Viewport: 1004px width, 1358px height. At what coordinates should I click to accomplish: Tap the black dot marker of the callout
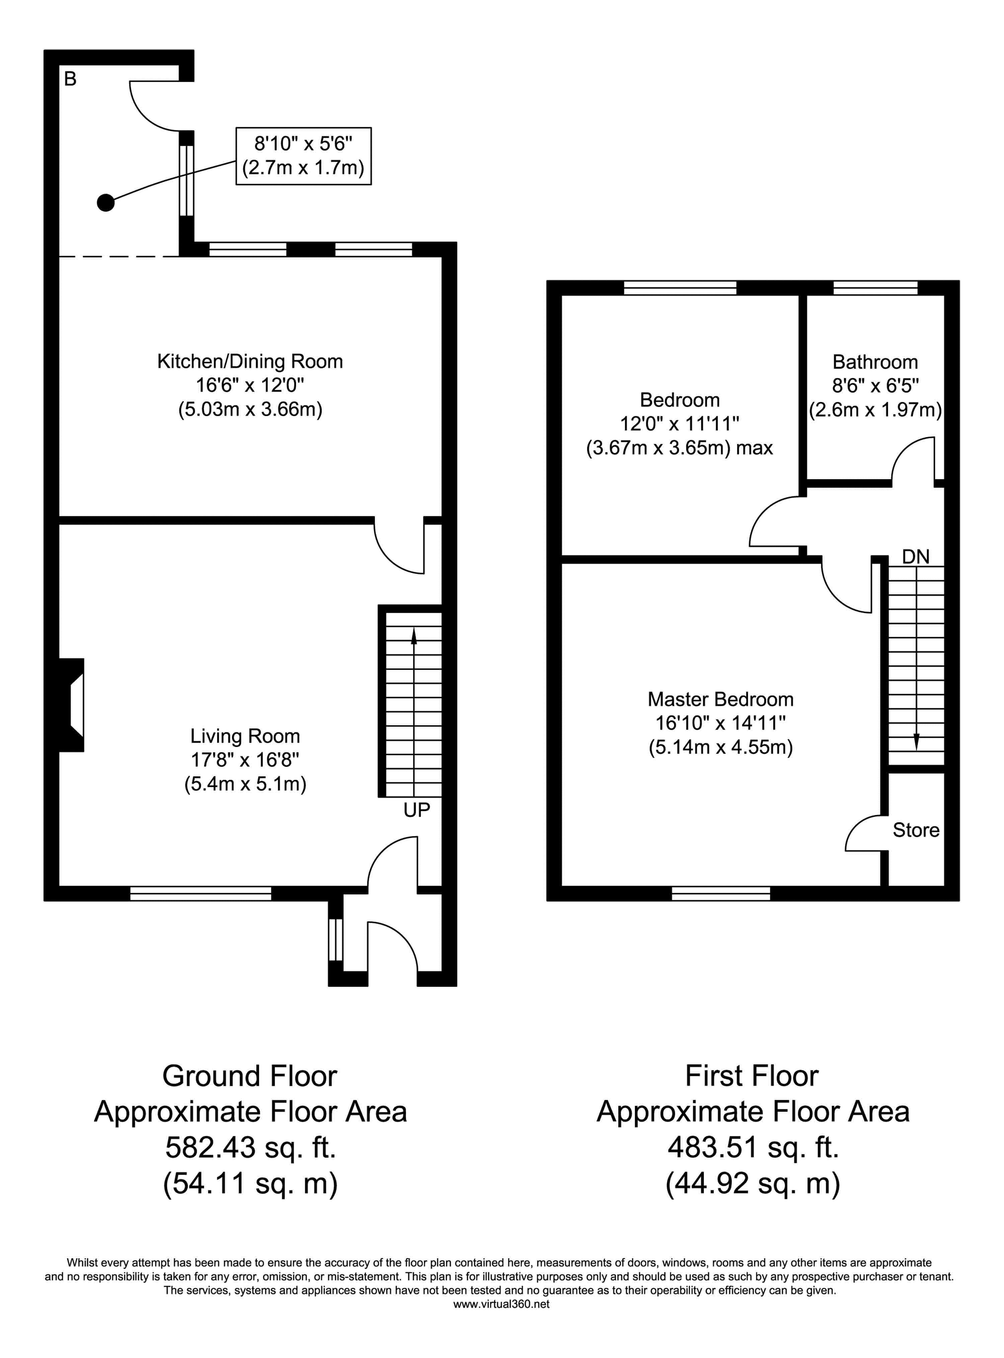(x=106, y=203)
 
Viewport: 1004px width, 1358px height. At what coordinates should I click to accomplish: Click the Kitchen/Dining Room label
(x=250, y=362)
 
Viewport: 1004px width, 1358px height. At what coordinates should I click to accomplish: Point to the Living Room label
(x=245, y=736)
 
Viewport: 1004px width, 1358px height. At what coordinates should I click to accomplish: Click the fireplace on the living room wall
(x=71, y=705)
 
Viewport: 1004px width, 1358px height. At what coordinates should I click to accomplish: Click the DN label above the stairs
(x=916, y=556)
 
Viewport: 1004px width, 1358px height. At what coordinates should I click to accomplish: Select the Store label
(x=916, y=830)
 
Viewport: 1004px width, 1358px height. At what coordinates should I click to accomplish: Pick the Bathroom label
(x=875, y=362)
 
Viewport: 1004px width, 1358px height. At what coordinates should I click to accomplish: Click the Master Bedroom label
(x=721, y=700)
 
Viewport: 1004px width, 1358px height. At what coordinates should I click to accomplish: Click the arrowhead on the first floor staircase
(x=916, y=742)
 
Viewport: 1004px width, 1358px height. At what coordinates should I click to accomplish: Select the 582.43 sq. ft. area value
(x=250, y=1148)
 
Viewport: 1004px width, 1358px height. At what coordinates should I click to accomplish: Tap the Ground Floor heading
(x=250, y=1076)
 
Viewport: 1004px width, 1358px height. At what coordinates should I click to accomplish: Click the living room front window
(x=200, y=893)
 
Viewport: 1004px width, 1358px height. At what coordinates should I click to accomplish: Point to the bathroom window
(x=875, y=288)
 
